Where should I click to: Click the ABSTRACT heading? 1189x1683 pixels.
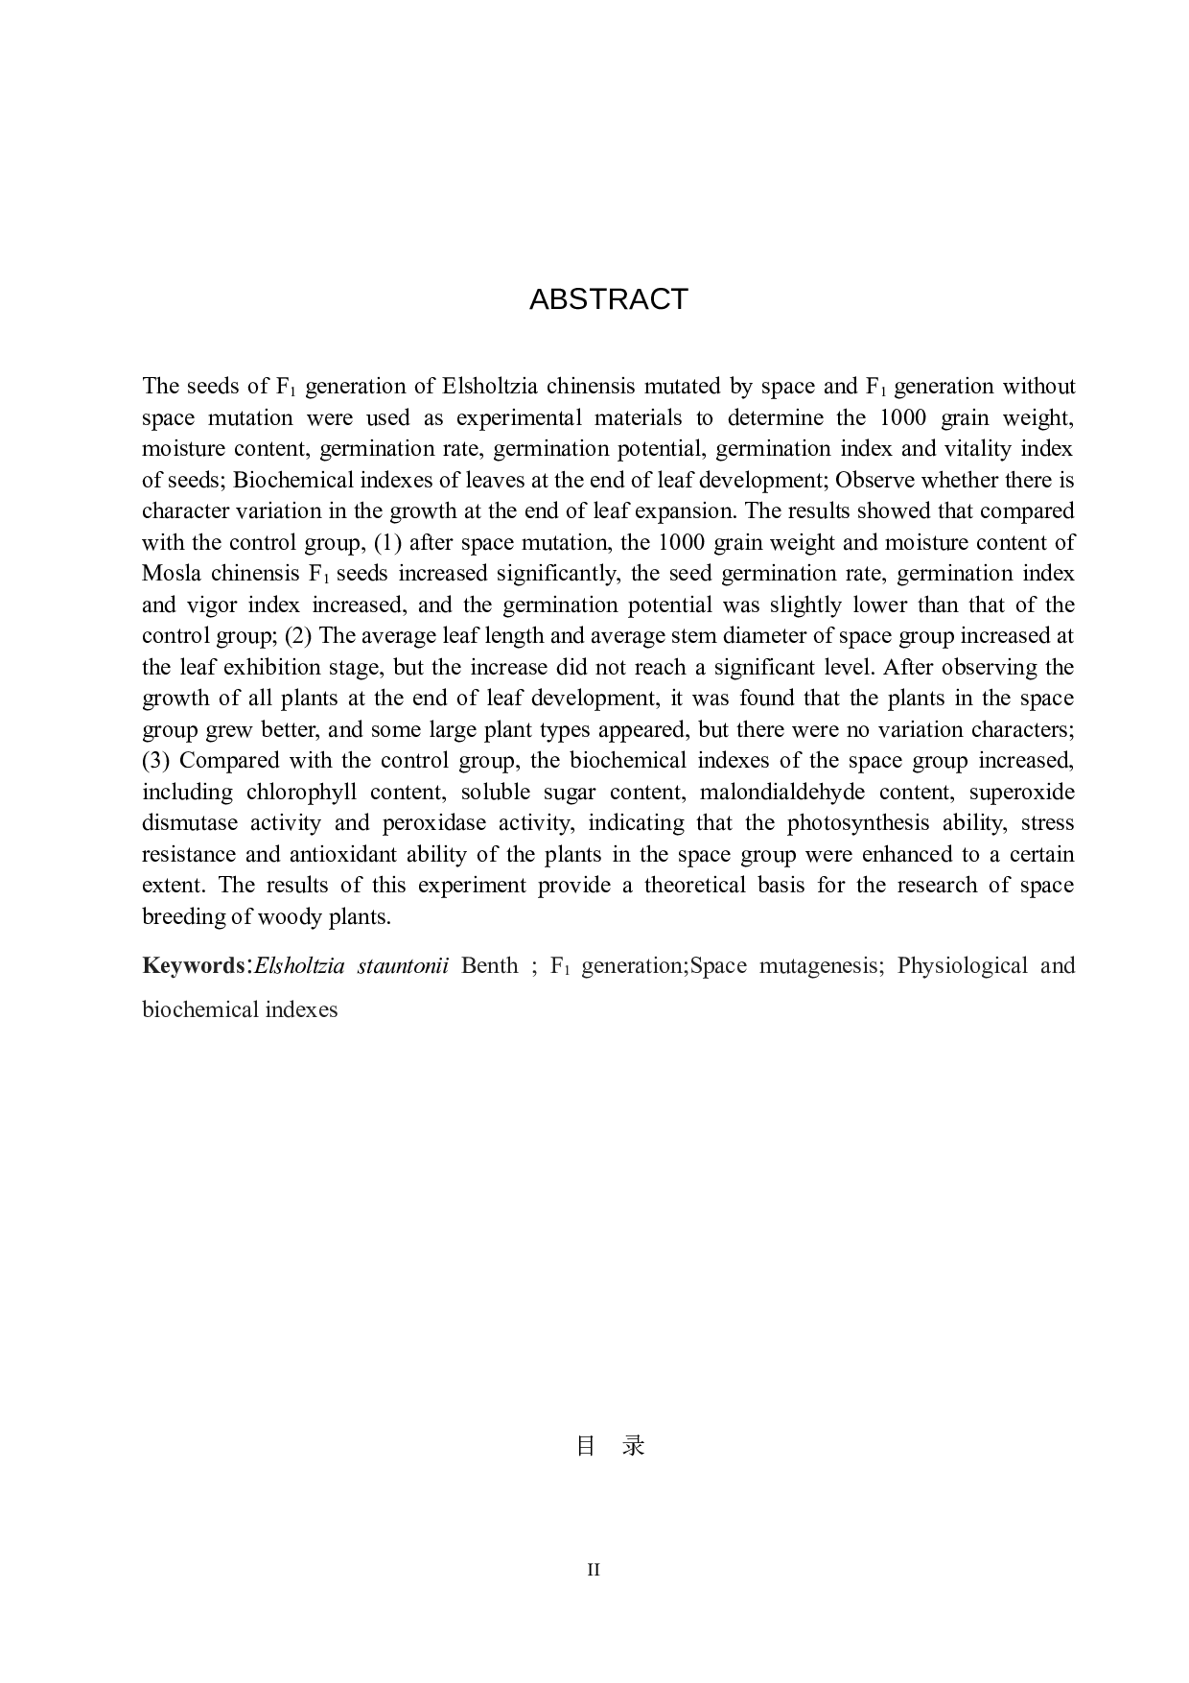click(608, 299)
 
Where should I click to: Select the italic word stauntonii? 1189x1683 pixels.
click(403, 965)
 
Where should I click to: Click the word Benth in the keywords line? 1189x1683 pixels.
click(489, 965)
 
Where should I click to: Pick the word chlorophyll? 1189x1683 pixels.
click(301, 793)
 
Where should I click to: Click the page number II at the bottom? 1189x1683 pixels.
click(594, 1570)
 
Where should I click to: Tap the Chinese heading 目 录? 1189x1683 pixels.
click(610, 1446)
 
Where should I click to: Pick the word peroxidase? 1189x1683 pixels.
click(434, 823)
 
